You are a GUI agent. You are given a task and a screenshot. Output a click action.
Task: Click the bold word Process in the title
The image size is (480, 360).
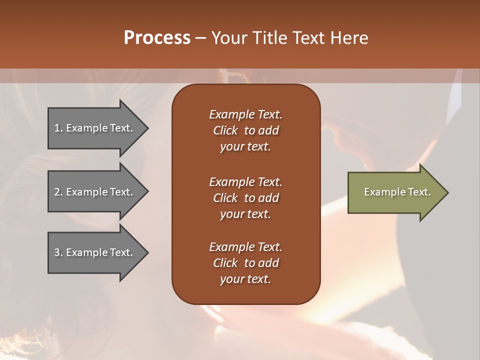[157, 38]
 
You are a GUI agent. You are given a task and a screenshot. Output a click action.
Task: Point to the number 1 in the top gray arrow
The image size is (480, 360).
[57, 128]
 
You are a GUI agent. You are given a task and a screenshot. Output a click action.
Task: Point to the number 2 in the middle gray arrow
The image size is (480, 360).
[57, 192]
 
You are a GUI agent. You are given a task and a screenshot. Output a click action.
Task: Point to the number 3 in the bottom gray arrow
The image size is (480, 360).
[57, 252]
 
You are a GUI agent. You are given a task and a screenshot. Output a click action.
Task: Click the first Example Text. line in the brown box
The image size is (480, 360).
[245, 114]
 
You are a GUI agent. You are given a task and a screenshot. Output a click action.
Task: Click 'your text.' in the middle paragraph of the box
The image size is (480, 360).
[245, 214]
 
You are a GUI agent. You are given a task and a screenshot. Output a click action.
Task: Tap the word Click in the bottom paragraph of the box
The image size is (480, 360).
[225, 263]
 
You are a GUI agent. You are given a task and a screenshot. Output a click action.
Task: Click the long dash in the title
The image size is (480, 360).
[200, 38]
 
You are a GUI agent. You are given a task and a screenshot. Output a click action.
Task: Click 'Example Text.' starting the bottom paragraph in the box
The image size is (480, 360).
[245, 247]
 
